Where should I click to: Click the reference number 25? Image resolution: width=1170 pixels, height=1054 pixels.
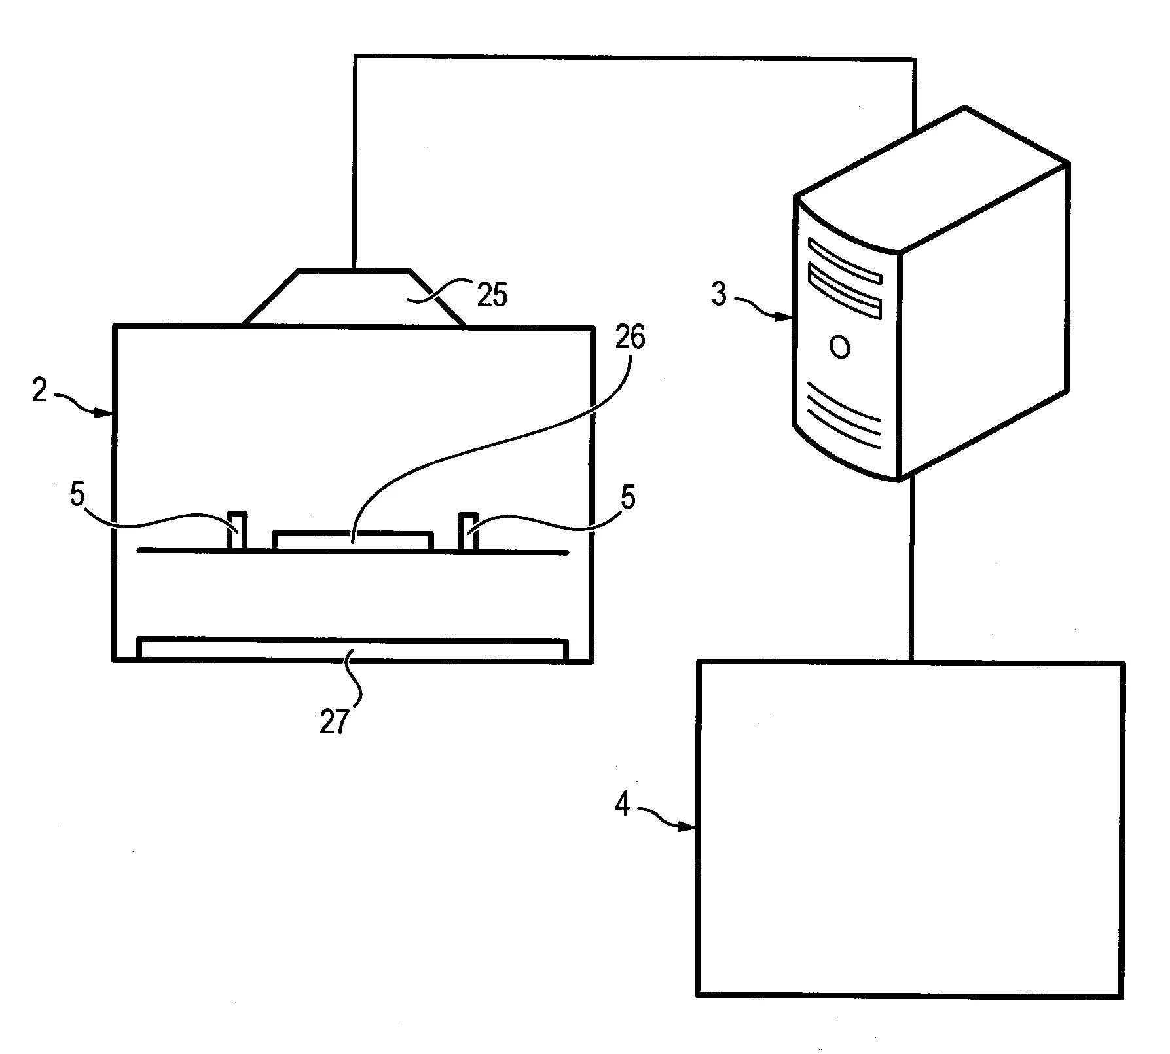tap(492, 295)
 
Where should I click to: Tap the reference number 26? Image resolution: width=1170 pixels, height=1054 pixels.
tap(629, 338)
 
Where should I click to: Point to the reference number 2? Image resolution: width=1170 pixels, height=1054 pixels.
tap(40, 391)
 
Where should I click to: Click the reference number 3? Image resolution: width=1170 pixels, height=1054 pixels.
tap(719, 294)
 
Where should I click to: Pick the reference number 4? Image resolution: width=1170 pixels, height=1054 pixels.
tap(622, 804)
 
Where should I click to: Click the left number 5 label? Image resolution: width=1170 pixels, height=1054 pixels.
tap(78, 496)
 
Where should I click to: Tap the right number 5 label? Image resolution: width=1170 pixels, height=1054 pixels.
tap(628, 498)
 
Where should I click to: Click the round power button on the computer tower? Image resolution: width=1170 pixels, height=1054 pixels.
tap(840, 347)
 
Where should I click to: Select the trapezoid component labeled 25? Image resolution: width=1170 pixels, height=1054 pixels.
tap(354, 297)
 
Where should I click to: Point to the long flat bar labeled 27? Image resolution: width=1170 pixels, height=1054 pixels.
tap(353, 649)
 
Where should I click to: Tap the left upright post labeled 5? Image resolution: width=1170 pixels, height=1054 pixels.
tap(237, 531)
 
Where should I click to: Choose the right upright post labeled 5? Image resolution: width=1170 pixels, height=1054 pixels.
tap(468, 532)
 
